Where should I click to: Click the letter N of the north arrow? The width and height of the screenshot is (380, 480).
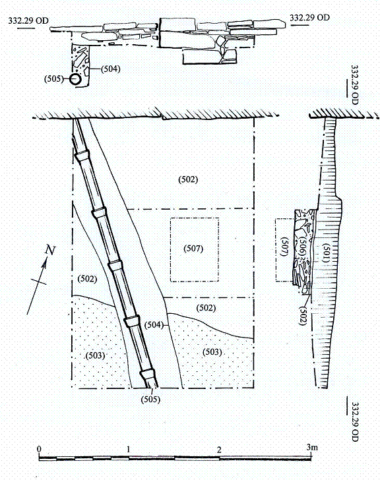click(x=50, y=250)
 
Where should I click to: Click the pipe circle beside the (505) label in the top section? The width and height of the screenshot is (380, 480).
click(x=75, y=79)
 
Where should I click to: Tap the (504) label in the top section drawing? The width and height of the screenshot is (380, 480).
click(x=111, y=69)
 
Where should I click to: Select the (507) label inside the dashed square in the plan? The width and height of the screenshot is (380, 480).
click(x=193, y=249)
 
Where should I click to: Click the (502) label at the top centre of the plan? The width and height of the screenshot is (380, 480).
click(x=188, y=179)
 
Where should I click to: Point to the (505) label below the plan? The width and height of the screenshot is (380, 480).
click(x=150, y=399)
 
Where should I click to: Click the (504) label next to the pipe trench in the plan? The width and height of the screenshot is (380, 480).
click(x=154, y=324)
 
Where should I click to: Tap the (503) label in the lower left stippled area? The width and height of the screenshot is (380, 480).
click(x=95, y=355)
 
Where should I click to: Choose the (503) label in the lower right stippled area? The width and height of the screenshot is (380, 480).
click(x=212, y=352)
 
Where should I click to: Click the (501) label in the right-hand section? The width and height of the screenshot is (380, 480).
click(x=325, y=253)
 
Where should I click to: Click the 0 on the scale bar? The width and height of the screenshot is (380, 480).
click(x=39, y=449)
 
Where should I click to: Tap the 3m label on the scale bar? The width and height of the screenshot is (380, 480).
click(x=312, y=447)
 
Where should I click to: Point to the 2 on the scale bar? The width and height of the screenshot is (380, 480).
click(x=219, y=450)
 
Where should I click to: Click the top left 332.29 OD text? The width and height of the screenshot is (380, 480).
click(x=28, y=21)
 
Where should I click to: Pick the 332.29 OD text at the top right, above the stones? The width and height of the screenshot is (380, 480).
click(x=309, y=17)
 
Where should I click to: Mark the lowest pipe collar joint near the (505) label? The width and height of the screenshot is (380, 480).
click(x=147, y=374)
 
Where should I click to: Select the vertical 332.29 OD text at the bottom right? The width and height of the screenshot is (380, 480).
click(x=354, y=421)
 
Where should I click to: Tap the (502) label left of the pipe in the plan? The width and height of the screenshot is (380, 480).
click(x=87, y=279)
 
